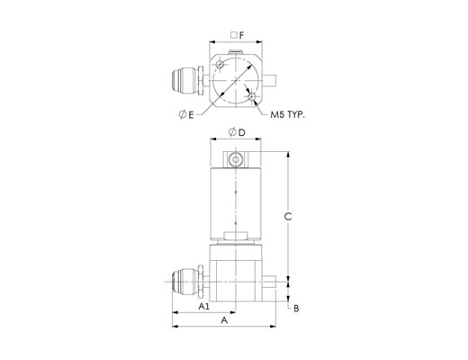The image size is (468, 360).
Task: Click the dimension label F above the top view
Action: (x=241, y=35)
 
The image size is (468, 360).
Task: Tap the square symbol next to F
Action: (x=234, y=35)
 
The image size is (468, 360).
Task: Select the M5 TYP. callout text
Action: (x=287, y=114)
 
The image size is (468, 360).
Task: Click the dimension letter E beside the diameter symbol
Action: (x=191, y=114)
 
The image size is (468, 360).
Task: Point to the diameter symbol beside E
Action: (x=183, y=114)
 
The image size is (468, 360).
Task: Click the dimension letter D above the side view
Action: (x=242, y=132)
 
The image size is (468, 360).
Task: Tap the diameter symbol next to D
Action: (x=232, y=132)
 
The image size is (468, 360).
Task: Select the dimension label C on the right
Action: (x=288, y=216)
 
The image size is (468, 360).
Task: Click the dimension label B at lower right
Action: (x=296, y=309)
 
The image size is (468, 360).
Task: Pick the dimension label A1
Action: (x=204, y=306)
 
